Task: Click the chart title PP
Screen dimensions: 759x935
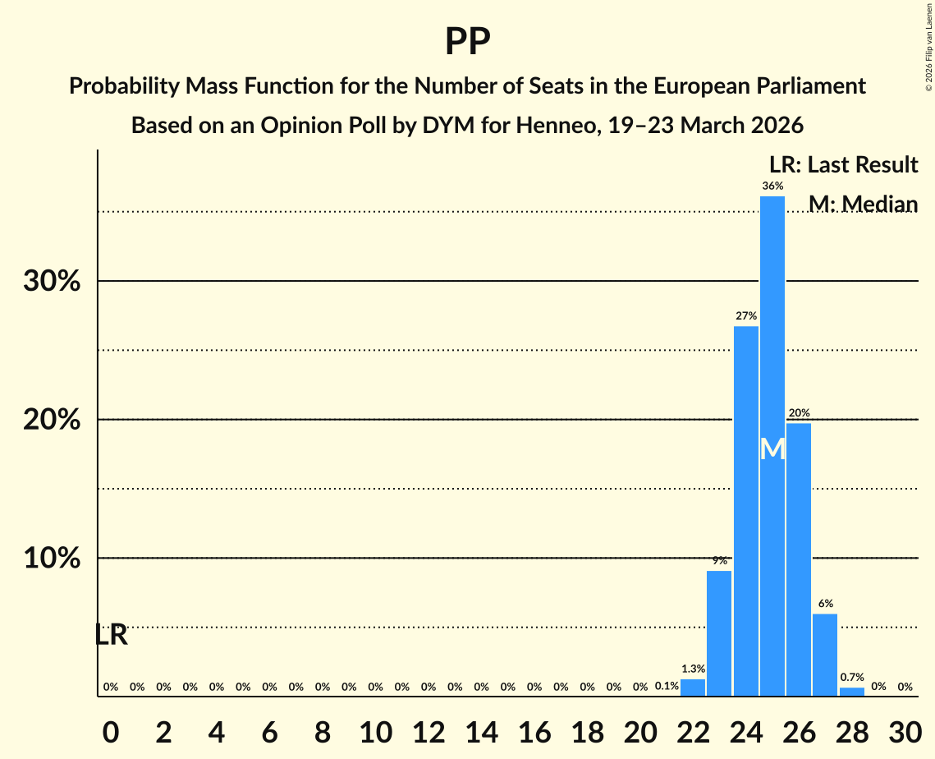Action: click(467, 41)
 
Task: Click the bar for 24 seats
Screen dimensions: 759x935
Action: click(746, 509)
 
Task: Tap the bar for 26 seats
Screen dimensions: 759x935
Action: click(799, 559)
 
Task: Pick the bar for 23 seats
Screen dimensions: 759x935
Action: click(719, 632)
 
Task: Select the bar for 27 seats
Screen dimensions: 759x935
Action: click(825, 655)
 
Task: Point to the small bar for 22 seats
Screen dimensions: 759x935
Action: click(693, 688)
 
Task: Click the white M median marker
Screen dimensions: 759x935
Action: click(772, 449)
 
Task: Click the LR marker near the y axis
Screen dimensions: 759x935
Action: click(111, 635)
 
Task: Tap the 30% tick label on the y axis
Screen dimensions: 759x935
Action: click(52, 282)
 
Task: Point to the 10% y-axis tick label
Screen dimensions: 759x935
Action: click(52, 559)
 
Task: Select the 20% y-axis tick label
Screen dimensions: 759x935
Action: click(52, 421)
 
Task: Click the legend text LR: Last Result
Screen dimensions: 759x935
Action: click(843, 165)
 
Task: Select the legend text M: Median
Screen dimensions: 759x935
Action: click(863, 204)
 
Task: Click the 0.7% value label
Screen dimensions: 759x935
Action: click(852, 678)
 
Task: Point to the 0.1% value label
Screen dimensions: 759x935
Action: click(667, 687)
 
